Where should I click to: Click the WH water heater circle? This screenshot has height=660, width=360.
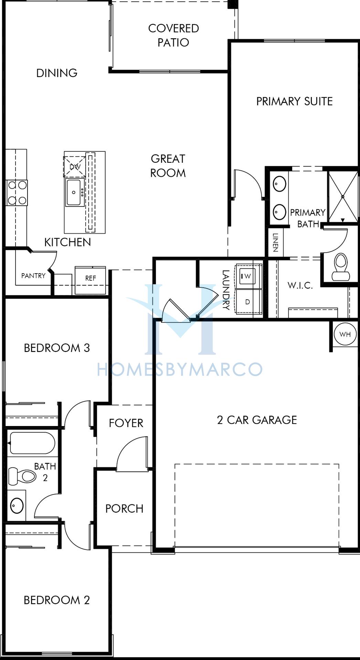coord(345,334)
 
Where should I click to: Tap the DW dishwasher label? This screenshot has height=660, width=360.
coord(75,167)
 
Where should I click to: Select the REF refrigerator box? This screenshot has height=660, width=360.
coord(90,280)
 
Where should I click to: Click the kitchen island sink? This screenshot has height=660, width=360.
coord(74,192)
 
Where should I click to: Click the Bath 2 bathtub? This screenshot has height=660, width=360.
coord(32,443)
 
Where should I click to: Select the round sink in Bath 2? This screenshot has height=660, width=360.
coord(17,505)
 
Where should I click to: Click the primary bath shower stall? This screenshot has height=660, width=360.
coord(343,196)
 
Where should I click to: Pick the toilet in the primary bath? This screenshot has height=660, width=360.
coord(340,266)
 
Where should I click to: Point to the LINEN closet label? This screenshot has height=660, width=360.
coord(275,242)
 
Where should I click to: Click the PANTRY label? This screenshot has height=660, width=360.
coord(33,276)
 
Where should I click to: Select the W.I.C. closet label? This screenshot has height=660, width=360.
coord(300,285)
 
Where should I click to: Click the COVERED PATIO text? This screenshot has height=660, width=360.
coord(173,35)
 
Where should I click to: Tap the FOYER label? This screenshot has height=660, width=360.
coord(126,423)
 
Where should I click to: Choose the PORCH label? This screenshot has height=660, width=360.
coord(124,509)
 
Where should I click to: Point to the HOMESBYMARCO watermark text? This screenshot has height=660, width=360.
coord(180,369)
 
